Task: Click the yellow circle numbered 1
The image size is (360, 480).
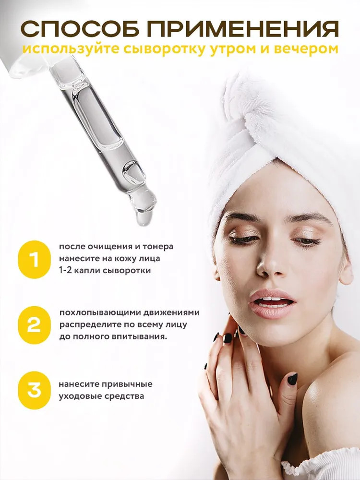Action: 34,259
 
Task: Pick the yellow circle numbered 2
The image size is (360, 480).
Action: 34,325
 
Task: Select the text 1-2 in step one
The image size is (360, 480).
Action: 66,271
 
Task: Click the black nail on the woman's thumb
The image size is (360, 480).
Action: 292,379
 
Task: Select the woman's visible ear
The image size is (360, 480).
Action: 346,269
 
